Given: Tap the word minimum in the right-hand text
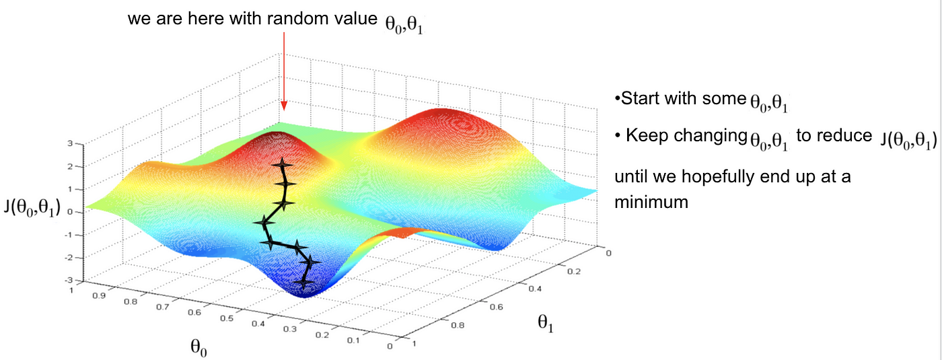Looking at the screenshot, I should coord(651,201).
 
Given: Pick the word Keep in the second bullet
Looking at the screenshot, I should coord(644,135).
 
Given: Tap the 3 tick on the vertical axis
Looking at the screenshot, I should coord(79,144).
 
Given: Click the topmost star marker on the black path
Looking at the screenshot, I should coord(279,165).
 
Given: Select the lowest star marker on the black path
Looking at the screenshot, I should coord(303,285).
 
